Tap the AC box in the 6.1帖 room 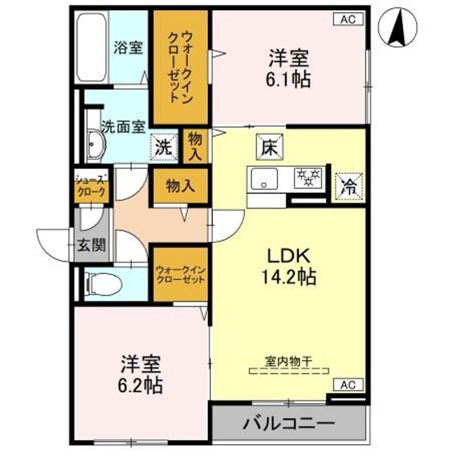click(351, 19)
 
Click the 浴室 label click(128, 47)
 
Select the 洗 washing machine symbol click(163, 149)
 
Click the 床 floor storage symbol click(270, 148)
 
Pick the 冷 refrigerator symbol click(346, 185)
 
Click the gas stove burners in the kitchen click(309, 177)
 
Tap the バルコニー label click(288, 424)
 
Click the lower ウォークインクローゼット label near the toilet click(180, 274)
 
